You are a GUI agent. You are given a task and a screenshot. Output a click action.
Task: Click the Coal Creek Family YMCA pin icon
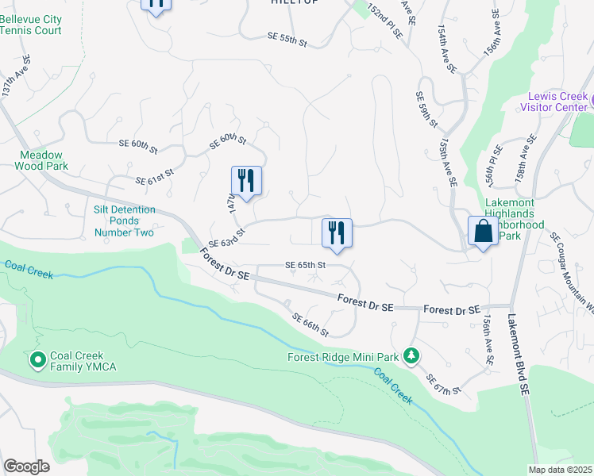pos(37,361)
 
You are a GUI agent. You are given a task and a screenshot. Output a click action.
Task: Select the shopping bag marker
pos(483,232)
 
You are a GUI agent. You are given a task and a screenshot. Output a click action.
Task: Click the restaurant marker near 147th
pos(246,181)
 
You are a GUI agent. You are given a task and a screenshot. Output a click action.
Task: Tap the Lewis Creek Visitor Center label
pos(554,102)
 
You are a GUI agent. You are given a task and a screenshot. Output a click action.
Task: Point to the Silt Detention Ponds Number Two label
pos(124,221)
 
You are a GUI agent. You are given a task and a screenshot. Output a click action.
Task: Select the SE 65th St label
pos(306,265)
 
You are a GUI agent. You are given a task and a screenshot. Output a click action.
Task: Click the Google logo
pos(26,466)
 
